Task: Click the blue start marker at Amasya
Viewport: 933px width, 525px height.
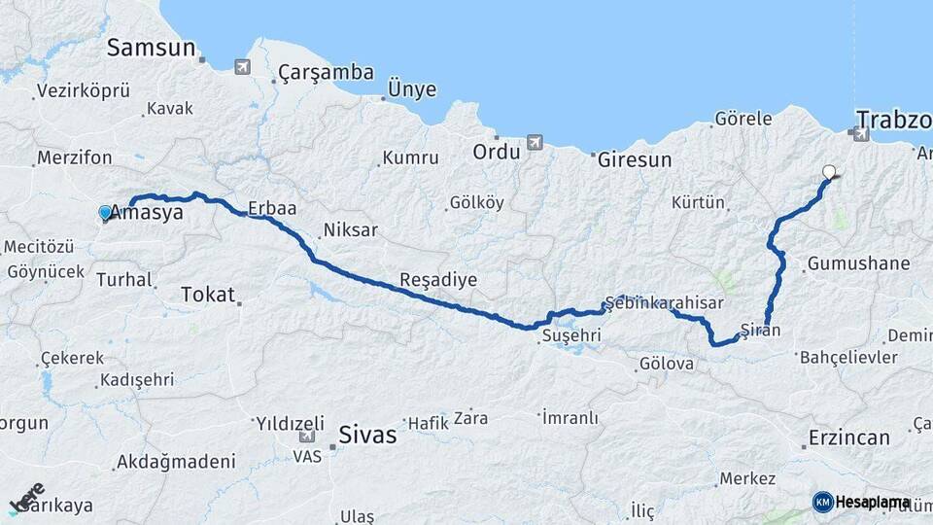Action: [105, 212]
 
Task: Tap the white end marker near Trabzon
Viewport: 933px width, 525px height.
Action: [829, 172]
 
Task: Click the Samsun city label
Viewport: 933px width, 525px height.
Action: [152, 48]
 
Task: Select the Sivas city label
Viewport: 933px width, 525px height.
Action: [367, 435]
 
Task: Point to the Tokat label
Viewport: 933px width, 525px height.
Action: [208, 294]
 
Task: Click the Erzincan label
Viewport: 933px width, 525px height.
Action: [848, 437]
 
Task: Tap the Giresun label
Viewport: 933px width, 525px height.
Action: [635, 159]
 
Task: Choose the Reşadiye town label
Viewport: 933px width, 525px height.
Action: [438, 280]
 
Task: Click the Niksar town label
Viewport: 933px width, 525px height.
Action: [350, 231]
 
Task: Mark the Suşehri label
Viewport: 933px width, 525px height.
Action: [571, 336]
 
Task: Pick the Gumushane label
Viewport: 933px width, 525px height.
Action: [858, 263]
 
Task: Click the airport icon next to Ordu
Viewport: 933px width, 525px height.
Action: [534, 143]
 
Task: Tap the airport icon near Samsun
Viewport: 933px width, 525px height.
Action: [241, 67]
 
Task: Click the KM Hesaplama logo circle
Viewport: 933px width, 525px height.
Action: [822, 502]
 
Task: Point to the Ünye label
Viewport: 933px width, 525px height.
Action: [406, 89]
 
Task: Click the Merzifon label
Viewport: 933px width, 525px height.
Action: [74, 157]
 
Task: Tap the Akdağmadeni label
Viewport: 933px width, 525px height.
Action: [175, 461]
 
